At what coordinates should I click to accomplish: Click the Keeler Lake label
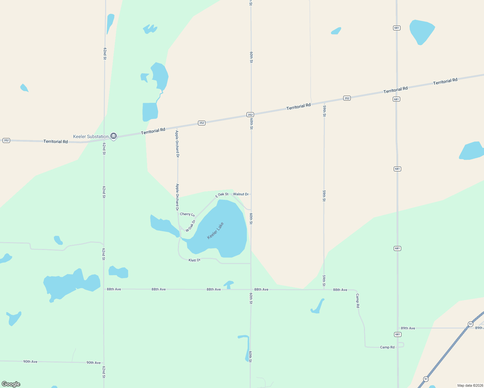click(215, 231)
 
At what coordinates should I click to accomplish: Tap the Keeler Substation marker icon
click(114, 136)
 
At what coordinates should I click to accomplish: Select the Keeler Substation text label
click(91, 136)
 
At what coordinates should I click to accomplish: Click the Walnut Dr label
click(241, 194)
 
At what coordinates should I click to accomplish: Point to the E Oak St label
click(222, 195)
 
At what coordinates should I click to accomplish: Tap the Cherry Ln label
click(187, 214)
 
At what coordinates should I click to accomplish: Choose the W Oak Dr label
click(191, 226)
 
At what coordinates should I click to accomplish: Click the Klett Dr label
click(194, 260)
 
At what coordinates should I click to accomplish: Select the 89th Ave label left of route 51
click(408, 328)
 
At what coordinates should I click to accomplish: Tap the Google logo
click(11, 384)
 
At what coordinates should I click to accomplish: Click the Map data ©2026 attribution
click(469, 385)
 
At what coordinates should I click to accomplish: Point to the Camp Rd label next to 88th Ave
click(357, 300)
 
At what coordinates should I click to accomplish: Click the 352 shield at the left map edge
click(6, 140)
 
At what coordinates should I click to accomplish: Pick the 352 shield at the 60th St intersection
click(250, 114)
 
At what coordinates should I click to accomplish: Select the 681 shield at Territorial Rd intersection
click(397, 99)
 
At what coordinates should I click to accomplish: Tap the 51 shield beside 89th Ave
click(470, 324)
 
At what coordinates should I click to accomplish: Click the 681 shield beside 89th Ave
click(398, 334)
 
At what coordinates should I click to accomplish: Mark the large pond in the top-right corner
click(422, 31)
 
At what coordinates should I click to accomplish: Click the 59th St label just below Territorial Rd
click(324, 111)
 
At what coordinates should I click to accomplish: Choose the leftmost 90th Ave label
click(30, 361)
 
